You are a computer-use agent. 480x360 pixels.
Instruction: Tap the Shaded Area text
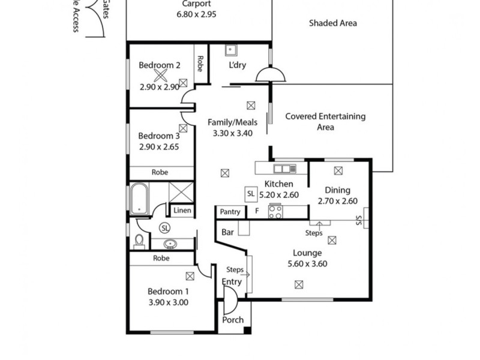(x=333, y=23)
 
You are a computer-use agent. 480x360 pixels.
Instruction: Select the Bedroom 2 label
(x=160, y=65)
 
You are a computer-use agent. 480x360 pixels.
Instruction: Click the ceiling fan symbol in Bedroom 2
(x=160, y=75)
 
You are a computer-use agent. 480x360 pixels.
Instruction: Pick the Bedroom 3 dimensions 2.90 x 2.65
(x=159, y=146)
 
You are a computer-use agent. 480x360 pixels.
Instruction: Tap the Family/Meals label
(x=232, y=122)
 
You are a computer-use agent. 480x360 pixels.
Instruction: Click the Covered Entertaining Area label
(x=325, y=122)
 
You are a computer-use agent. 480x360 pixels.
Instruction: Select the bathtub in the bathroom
(x=139, y=199)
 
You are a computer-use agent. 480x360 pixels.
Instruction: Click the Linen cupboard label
(x=182, y=211)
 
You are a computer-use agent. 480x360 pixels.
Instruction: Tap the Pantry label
(x=230, y=212)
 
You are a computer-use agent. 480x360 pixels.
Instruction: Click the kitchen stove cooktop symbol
(x=275, y=211)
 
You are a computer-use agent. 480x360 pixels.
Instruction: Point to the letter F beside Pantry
(x=257, y=212)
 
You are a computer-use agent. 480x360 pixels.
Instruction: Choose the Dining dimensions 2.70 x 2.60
(x=337, y=201)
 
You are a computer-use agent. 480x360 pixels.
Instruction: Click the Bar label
(x=227, y=231)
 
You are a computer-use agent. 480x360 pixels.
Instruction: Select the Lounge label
(x=307, y=253)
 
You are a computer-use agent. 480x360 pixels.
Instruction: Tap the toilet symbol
(x=139, y=241)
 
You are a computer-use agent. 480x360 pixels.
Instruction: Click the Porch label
(x=233, y=320)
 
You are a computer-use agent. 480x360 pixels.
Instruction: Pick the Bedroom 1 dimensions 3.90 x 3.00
(x=169, y=302)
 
